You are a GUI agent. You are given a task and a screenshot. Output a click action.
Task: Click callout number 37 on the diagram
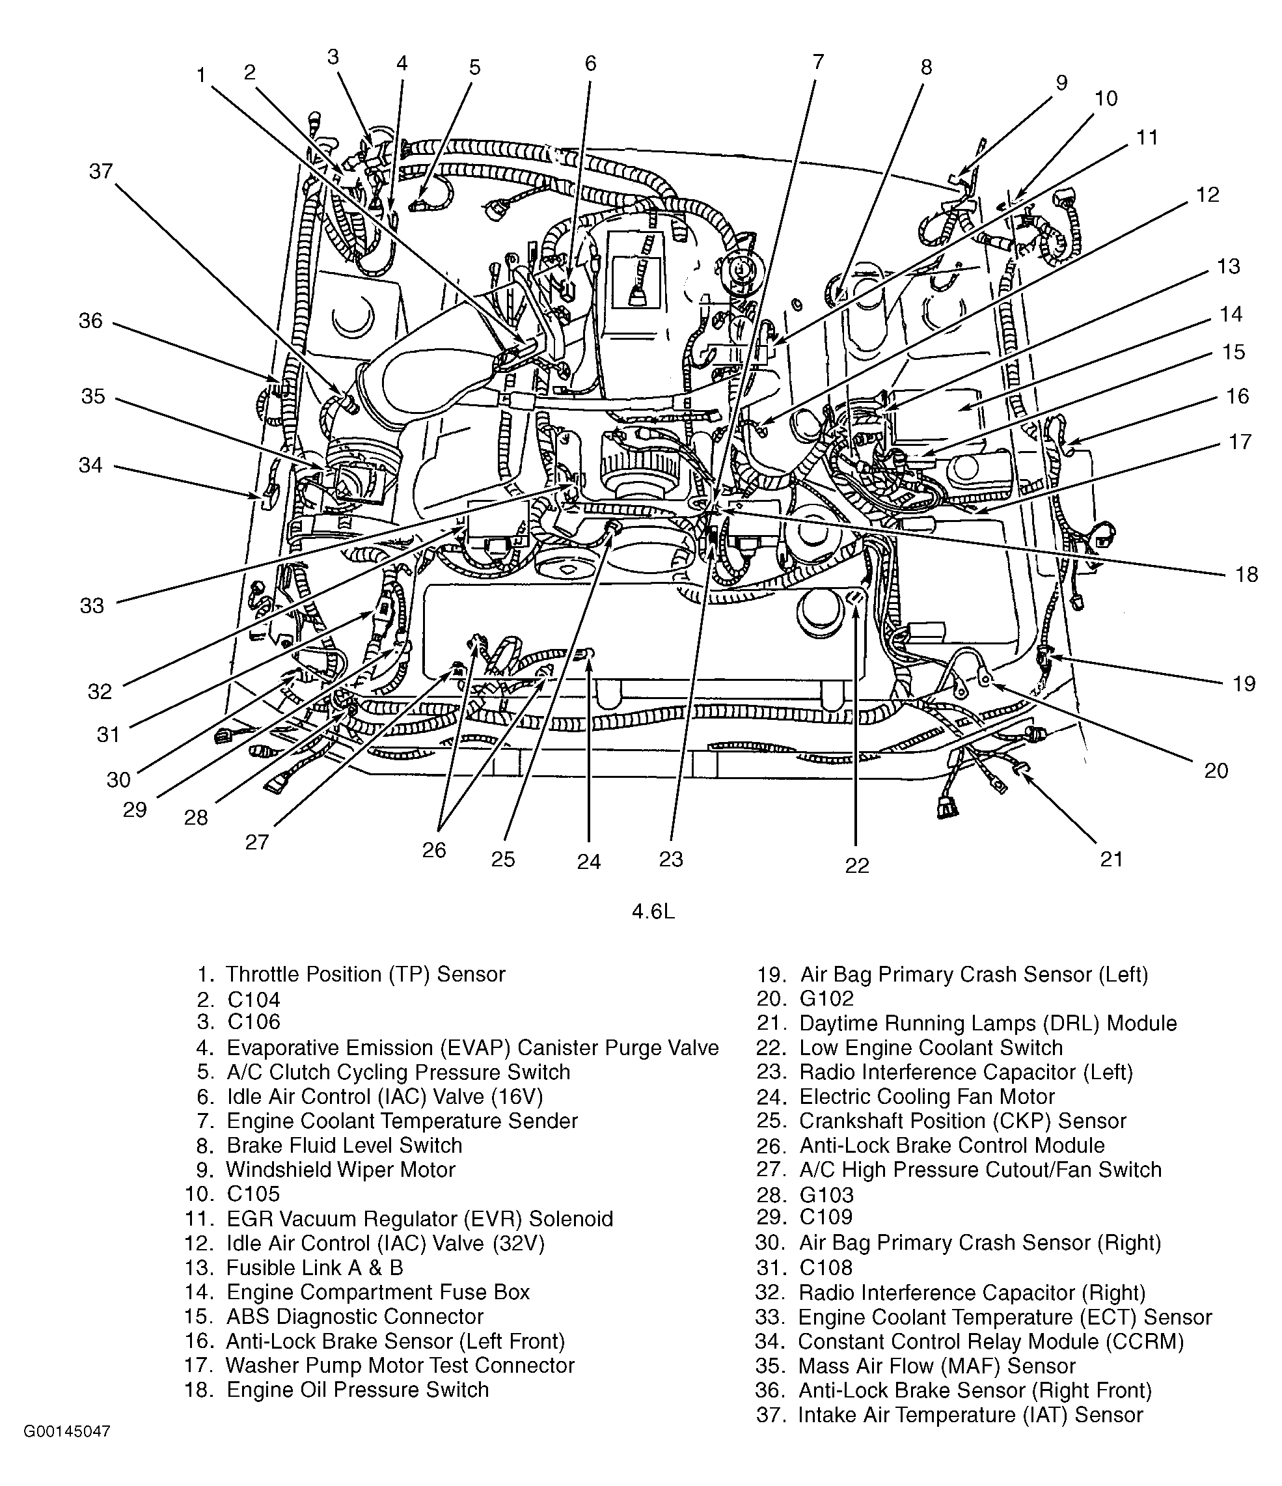tap(100, 171)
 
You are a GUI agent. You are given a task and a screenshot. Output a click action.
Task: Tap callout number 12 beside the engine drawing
tap(1207, 195)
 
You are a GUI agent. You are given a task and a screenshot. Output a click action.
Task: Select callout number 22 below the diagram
tap(857, 866)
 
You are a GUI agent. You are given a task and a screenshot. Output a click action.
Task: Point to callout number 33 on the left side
tap(92, 606)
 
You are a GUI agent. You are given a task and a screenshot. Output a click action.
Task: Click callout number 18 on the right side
tap(1247, 575)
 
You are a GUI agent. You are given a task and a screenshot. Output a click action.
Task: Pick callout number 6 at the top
tap(590, 64)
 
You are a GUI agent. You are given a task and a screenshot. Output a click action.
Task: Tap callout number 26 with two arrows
tap(434, 850)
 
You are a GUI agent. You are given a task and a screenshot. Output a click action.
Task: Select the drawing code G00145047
tap(68, 1452)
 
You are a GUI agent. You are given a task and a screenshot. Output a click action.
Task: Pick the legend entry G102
tap(826, 998)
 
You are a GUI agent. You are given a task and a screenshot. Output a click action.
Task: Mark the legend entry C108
tap(826, 1267)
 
